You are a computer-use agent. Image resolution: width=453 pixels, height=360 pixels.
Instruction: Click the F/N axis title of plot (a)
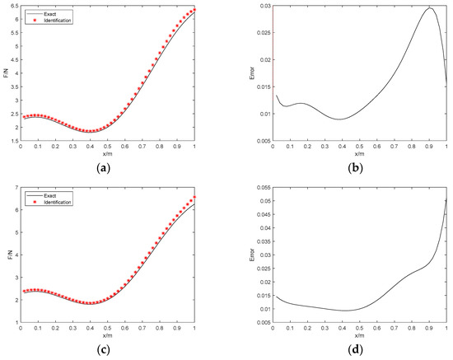(4, 73)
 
